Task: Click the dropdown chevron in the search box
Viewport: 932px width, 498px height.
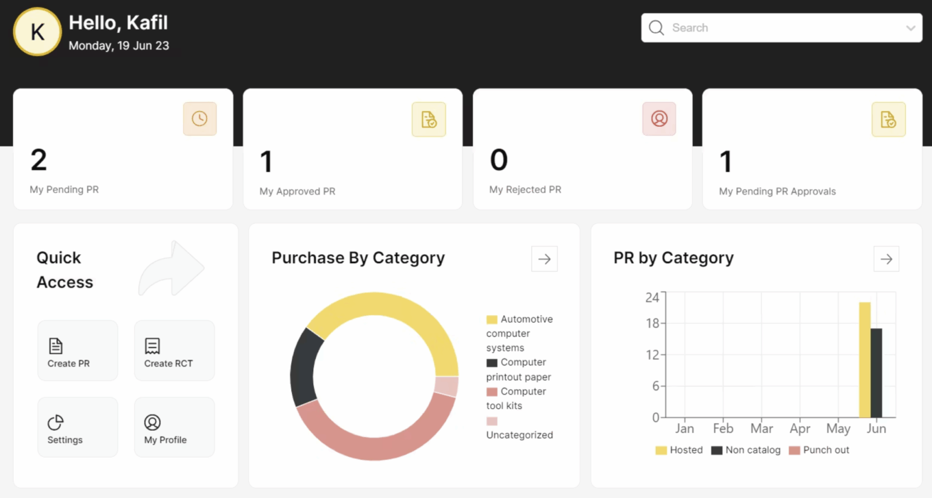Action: tap(910, 28)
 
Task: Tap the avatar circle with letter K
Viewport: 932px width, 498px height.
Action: tap(38, 32)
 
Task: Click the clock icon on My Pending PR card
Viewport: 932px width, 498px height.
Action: tap(199, 119)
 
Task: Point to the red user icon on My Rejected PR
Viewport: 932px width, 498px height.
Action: tap(659, 119)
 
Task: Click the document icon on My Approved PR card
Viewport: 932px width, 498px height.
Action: tap(429, 119)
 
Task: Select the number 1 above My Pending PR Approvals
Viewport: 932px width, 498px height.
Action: tap(726, 162)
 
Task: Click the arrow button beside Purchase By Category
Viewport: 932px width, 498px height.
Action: tap(544, 259)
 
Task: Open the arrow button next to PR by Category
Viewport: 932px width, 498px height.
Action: tap(886, 259)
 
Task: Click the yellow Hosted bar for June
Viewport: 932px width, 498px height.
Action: tap(864, 360)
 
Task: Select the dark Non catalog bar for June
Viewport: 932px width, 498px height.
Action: tap(876, 373)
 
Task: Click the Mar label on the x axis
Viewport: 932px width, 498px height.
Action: tap(761, 429)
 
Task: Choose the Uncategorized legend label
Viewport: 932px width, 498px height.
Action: tap(519, 435)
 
